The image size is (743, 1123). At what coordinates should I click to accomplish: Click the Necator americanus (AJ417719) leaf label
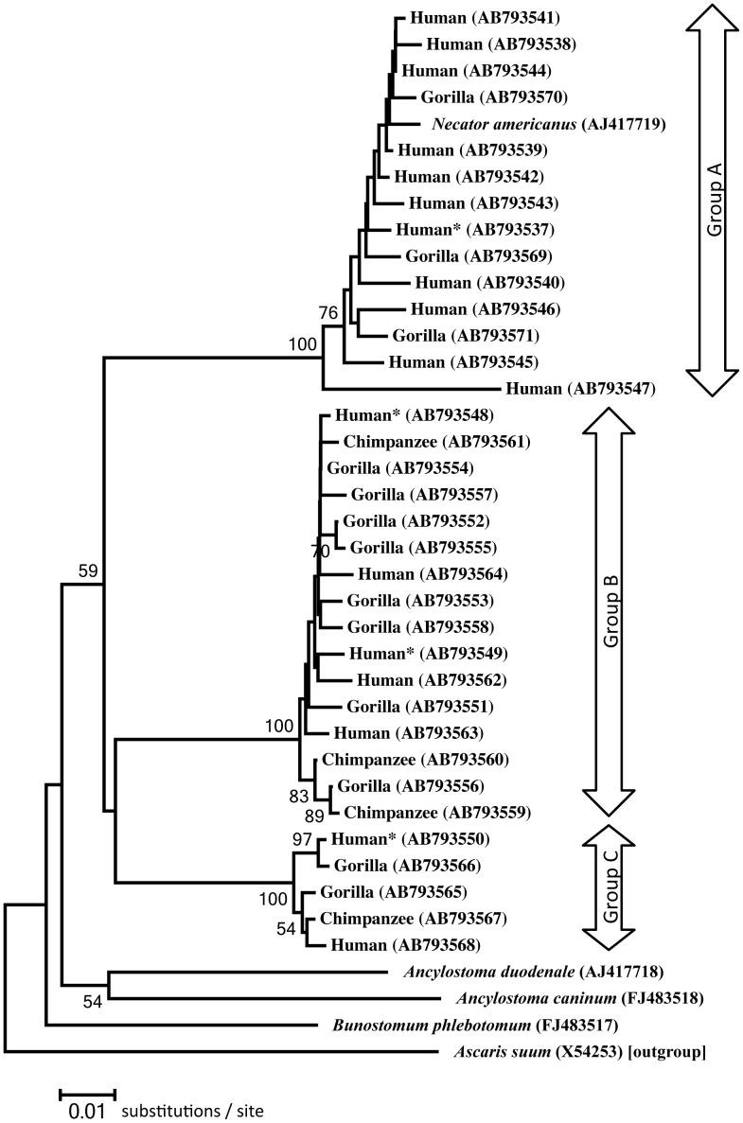click(536, 124)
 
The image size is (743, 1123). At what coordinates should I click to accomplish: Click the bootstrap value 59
click(89, 571)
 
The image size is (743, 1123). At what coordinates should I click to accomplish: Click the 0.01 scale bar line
click(87, 1093)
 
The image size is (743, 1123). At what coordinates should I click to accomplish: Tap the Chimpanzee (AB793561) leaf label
click(423, 442)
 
